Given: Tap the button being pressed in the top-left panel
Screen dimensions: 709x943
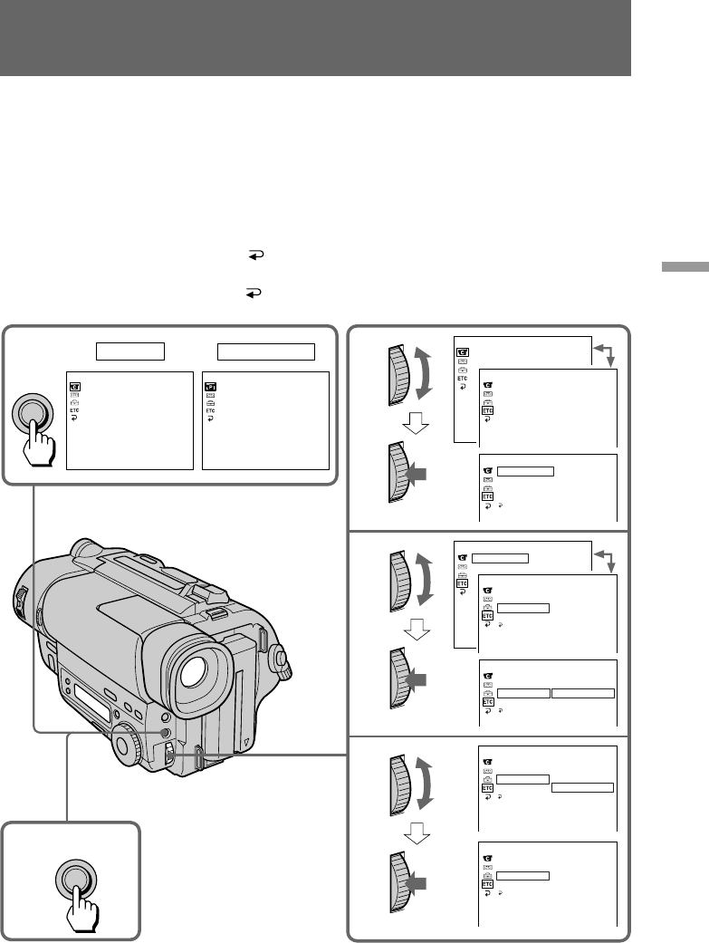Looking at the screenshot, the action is click(32, 412).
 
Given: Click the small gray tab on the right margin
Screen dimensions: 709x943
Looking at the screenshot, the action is click(685, 267).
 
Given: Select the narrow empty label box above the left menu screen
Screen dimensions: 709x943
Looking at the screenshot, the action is click(129, 351).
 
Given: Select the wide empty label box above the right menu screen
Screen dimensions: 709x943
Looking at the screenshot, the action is click(266, 351).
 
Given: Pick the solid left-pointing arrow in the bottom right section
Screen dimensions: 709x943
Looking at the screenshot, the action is click(417, 883).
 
